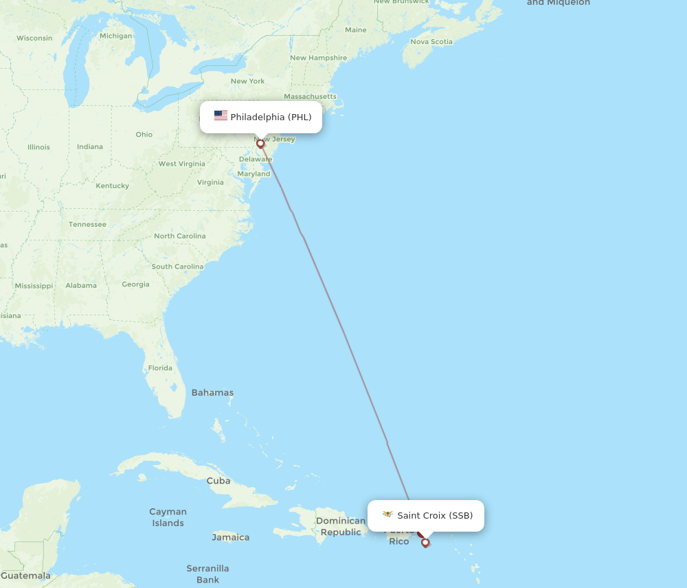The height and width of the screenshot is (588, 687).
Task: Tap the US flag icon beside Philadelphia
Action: (x=221, y=116)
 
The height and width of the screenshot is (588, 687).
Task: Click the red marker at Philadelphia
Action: (x=260, y=144)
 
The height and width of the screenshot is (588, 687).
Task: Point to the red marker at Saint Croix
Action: (x=425, y=543)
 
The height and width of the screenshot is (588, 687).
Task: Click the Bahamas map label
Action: (x=212, y=393)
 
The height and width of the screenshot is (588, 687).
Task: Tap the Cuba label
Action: (x=218, y=481)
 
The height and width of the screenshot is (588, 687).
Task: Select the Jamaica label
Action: (x=230, y=537)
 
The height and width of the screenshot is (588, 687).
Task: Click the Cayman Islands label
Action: (x=168, y=517)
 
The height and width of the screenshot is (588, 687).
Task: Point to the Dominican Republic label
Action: (x=341, y=526)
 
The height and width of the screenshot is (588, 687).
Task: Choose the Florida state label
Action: (x=160, y=368)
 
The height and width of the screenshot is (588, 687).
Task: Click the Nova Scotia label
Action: (x=431, y=41)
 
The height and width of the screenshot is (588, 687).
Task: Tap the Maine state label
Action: (x=356, y=30)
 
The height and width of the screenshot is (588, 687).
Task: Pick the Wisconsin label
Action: (x=34, y=38)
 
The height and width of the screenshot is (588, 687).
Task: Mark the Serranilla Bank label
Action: (x=207, y=574)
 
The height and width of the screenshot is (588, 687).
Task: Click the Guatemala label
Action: (x=26, y=576)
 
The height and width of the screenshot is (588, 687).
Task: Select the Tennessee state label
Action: (x=87, y=225)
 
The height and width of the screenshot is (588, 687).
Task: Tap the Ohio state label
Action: (x=144, y=135)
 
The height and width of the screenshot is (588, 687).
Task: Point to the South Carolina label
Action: (x=177, y=267)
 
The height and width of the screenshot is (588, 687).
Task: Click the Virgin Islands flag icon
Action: (x=387, y=514)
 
